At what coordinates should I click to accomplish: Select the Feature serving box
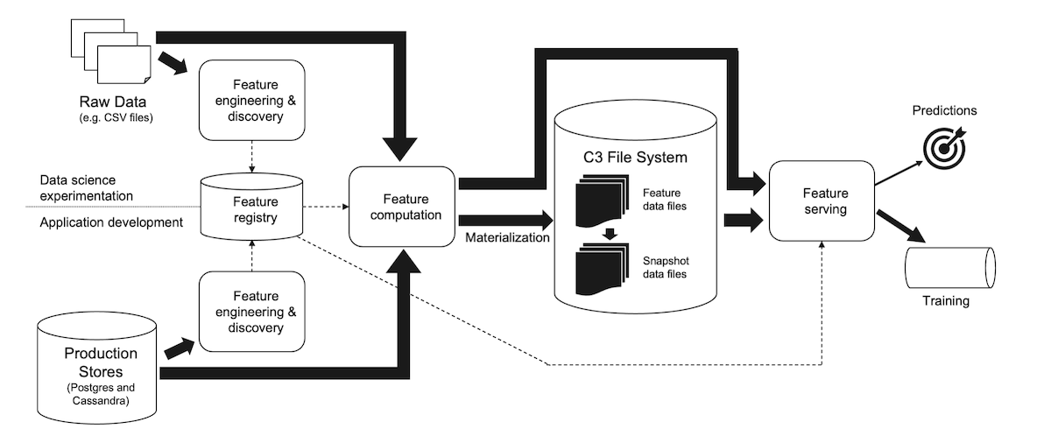[x=822, y=200]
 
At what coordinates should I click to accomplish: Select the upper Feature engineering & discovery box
[x=253, y=100]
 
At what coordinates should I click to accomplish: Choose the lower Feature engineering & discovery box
[x=253, y=313]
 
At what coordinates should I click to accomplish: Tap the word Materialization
[x=506, y=237]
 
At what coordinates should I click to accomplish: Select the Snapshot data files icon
[x=602, y=272]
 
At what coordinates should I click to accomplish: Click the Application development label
[x=111, y=222]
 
